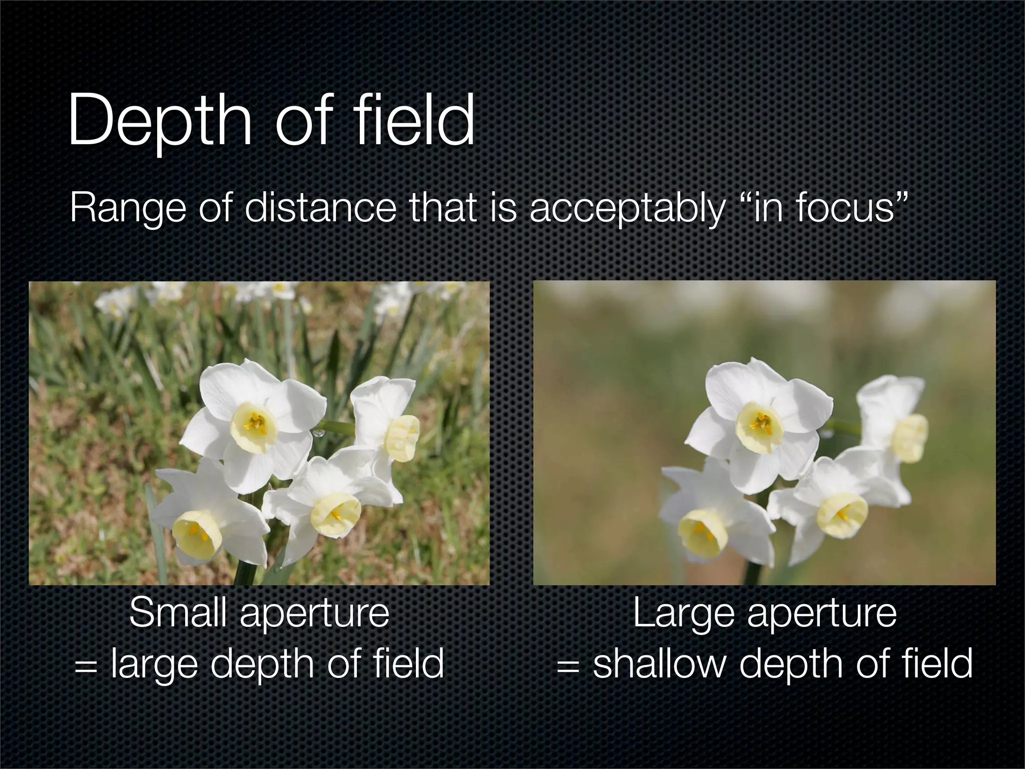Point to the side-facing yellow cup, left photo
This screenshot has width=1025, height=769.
403,438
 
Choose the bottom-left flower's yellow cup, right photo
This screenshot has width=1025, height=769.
702,535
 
